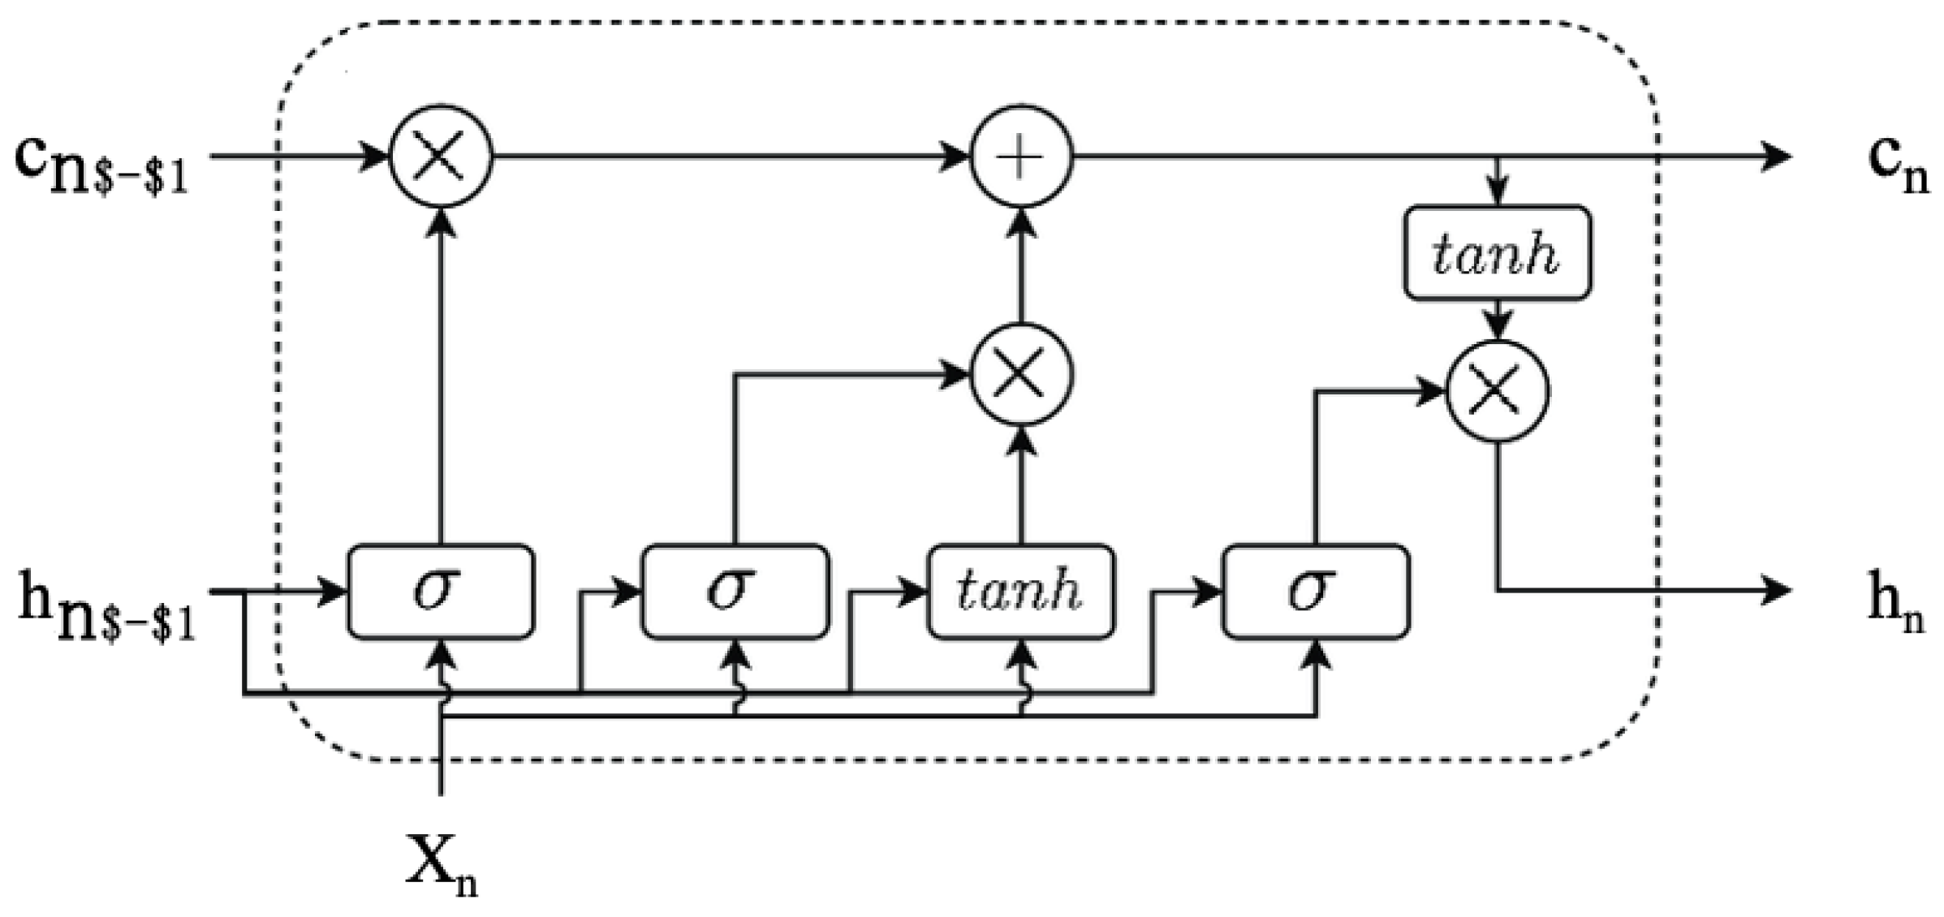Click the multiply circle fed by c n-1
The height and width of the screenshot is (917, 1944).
[441, 156]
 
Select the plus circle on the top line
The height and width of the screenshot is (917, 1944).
[1022, 156]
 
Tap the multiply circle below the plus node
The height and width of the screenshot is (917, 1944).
[1022, 374]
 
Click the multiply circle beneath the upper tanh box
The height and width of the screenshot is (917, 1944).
[1498, 392]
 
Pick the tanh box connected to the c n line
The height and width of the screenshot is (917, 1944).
[1498, 253]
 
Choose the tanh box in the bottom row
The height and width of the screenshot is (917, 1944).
[1020, 591]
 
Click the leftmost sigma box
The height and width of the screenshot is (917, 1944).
[441, 591]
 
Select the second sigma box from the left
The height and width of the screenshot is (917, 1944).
[735, 591]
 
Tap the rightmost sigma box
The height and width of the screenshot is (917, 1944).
[1315, 591]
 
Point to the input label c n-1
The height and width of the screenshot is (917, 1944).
[101, 166]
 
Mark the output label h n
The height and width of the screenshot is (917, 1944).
[1895, 609]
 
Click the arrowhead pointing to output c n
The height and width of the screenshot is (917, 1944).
[1778, 156]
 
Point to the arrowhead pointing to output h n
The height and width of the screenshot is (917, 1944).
[1778, 591]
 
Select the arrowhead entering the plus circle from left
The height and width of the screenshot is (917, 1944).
[958, 156]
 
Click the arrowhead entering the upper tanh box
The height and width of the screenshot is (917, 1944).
[1498, 195]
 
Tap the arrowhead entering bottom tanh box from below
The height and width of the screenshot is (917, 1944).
[1020, 653]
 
